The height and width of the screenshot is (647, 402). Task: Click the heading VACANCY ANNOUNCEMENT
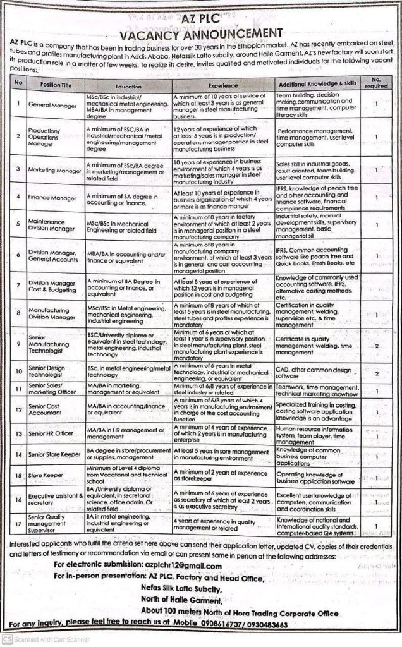tap(201, 32)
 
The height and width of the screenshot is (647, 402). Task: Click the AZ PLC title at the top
tap(201, 20)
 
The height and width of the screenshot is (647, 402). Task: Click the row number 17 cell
tap(19, 523)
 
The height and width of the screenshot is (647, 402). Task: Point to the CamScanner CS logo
tap(7, 639)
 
